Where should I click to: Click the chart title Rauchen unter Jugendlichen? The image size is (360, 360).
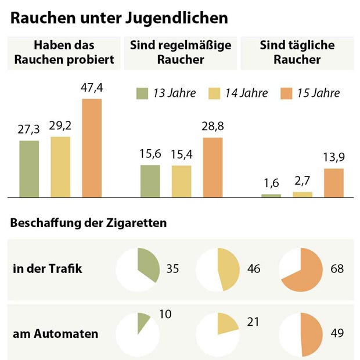point(119,18)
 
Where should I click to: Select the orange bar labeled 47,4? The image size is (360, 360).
point(92,148)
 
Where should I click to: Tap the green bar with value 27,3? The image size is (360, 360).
point(29,168)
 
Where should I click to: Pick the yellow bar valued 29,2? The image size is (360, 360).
point(60,167)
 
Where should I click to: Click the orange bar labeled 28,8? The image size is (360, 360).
point(213,167)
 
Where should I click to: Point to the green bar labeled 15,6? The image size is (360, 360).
point(150,181)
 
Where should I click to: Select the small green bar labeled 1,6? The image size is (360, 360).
point(271,196)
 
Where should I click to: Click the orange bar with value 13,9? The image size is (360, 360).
point(334,183)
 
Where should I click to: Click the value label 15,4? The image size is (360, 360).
point(181,155)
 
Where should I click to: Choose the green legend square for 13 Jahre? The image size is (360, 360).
point(143,93)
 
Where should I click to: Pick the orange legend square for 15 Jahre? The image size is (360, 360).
point(287,93)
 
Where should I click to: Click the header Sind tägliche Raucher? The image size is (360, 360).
point(297,53)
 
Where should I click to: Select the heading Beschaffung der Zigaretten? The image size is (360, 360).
point(89,223)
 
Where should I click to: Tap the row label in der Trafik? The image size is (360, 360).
point(48,269)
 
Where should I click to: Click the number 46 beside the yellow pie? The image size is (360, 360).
point(253,269)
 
